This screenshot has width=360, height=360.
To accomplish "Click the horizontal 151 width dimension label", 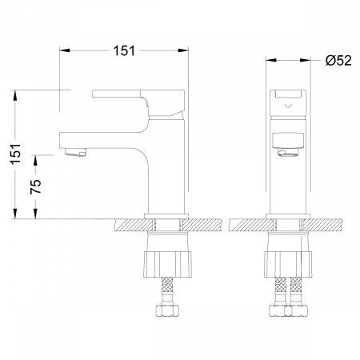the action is tap(124, 50).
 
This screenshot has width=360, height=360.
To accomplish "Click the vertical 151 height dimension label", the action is tap(16, 154).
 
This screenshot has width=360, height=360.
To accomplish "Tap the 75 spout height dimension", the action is tap(36, 186).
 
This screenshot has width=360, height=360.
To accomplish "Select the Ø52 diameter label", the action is tap(338, 61).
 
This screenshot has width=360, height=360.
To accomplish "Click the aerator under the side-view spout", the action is tap(75, 152).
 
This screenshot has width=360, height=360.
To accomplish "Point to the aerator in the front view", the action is tap(288, 152).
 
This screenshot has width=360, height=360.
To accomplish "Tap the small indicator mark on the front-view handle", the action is tap(288, 105).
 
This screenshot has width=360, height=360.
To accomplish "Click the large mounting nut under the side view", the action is tap(167, 265).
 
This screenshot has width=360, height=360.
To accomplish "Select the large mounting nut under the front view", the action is tap(288, 265).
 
